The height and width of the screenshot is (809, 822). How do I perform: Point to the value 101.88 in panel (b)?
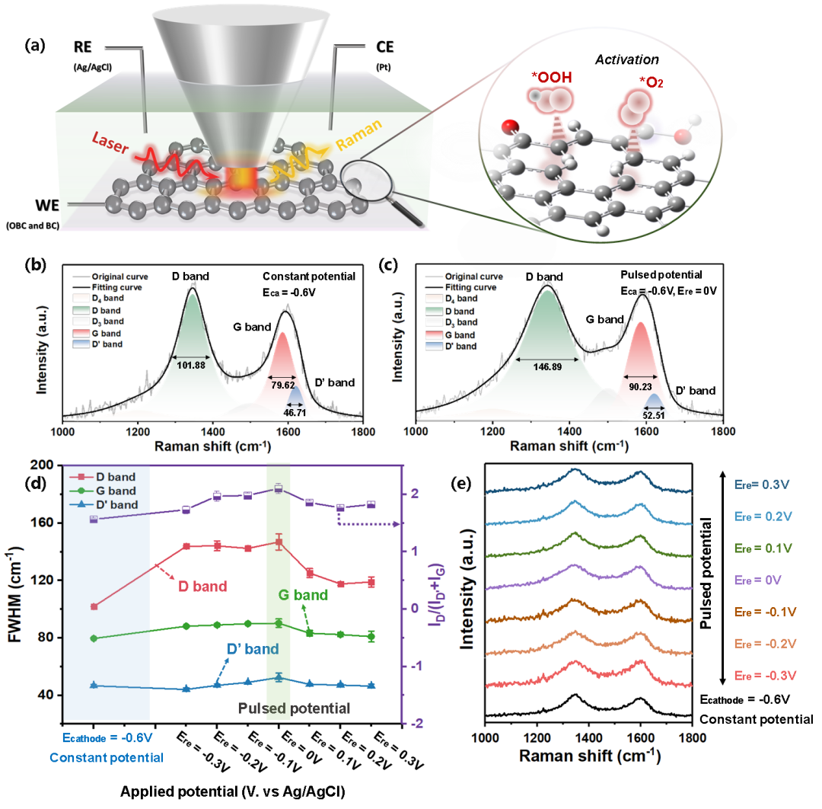click(x=190, y=364)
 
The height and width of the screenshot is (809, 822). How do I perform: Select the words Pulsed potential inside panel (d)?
click(x=294, y=708)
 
